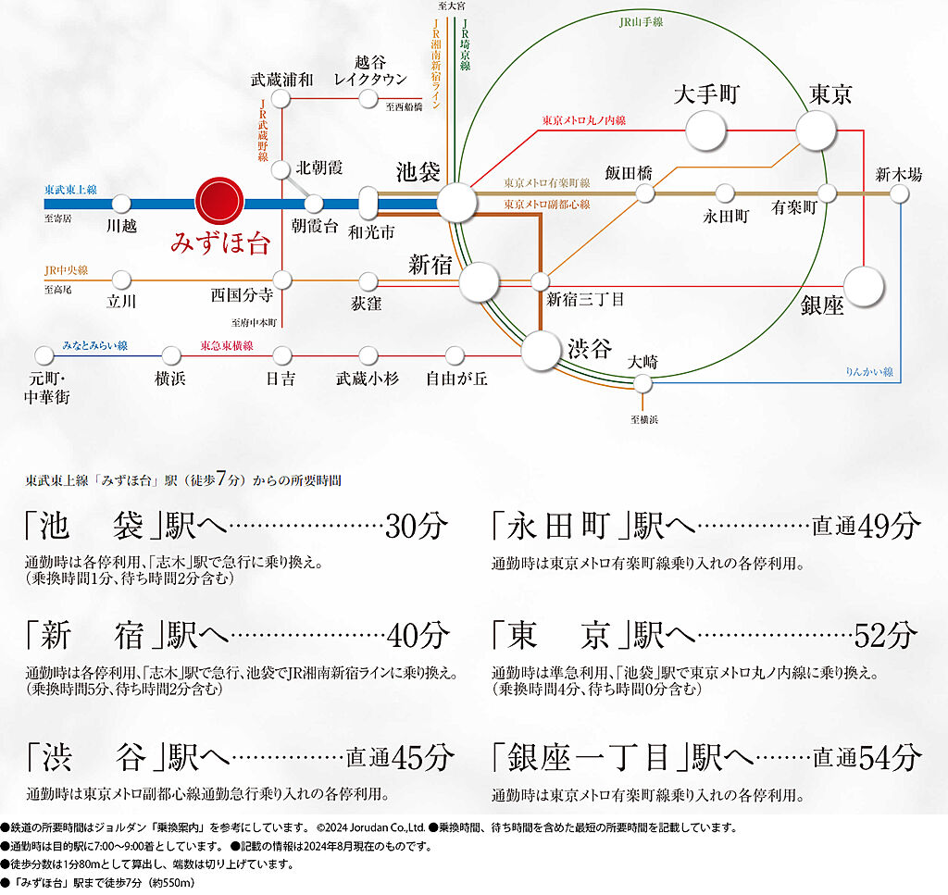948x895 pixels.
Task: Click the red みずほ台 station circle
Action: (219, 202)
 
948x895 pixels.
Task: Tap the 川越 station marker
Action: (121, 203)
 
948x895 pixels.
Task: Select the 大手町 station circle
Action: (705, 131)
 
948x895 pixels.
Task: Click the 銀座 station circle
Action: (864, 286)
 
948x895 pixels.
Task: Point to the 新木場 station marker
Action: (900, 193)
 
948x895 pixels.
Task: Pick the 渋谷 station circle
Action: (541, 351)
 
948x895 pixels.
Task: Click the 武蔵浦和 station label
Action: (281, 80)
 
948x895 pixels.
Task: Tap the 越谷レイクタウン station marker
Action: (368, 98)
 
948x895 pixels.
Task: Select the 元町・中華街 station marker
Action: (44, 355)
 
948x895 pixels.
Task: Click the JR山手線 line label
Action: (641, 22)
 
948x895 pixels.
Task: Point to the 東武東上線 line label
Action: (70, 190)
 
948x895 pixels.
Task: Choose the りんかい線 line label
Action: (868, 372)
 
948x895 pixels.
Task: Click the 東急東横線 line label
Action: (227, 345)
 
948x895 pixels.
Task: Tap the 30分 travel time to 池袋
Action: (417, 526)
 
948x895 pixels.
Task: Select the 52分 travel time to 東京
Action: (886, 635)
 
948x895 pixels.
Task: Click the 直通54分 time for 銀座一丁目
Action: (867, 757)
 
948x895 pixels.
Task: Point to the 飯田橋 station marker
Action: (645, 193)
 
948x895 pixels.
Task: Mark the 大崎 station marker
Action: (642, 383)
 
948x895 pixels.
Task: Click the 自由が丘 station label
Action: (456, 379)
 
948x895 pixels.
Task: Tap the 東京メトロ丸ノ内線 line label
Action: (583, 120)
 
